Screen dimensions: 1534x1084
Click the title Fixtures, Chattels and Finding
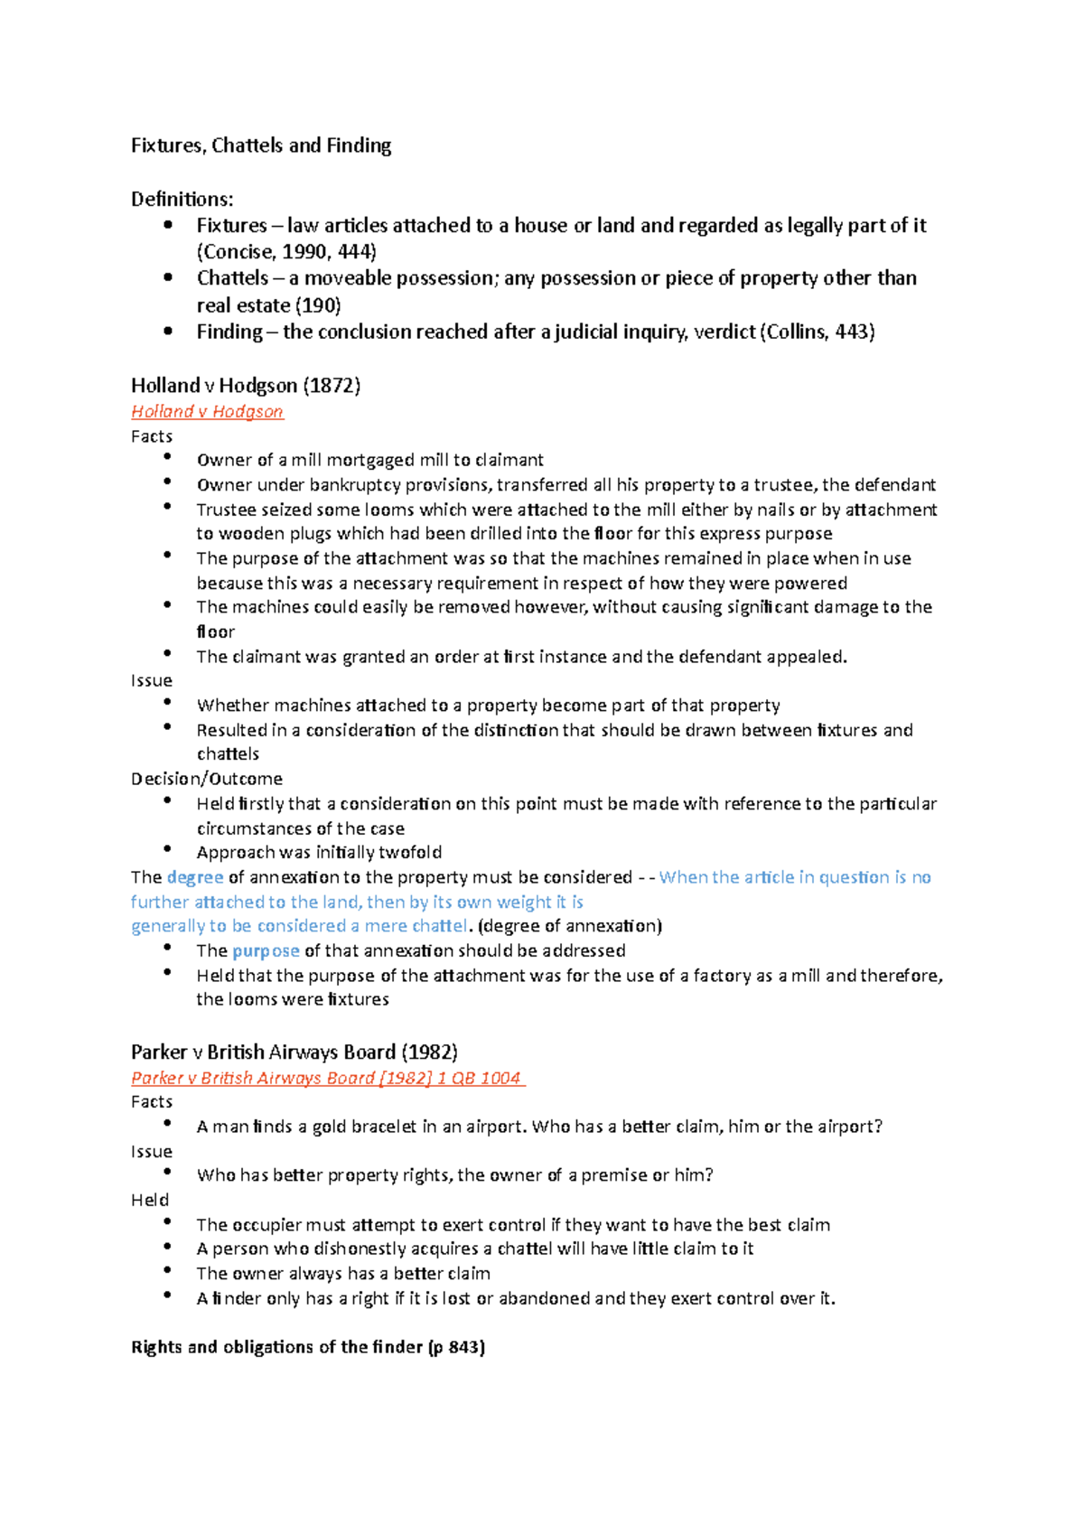click(x=260, y=145)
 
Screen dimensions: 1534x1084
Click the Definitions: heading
click(x=182, y=199)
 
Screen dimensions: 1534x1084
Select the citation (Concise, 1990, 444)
click(x=286, y=252)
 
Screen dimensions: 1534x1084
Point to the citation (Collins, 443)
click(x=817, y=332)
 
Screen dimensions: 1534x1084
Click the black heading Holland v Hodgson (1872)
click(x=245, y=386)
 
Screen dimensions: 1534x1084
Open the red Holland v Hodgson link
click(x=207, y=412)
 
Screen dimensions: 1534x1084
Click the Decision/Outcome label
click(x=206, y=779)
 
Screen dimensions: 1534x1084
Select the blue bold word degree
click(x=195, y=877)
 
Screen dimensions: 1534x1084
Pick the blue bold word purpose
click(x=266, y=951)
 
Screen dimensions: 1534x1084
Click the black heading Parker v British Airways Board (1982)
click(x=294, y=1052)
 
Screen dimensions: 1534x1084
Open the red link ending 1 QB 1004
click(x=326, y=1079)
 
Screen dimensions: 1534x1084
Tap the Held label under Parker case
click(x=150, y=1201)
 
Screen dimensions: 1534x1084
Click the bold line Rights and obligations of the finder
click(x=307, y=1348)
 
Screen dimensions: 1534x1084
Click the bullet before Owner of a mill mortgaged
click(x=167, y=457)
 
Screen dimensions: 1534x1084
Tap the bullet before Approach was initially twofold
click(x=167, y=849)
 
